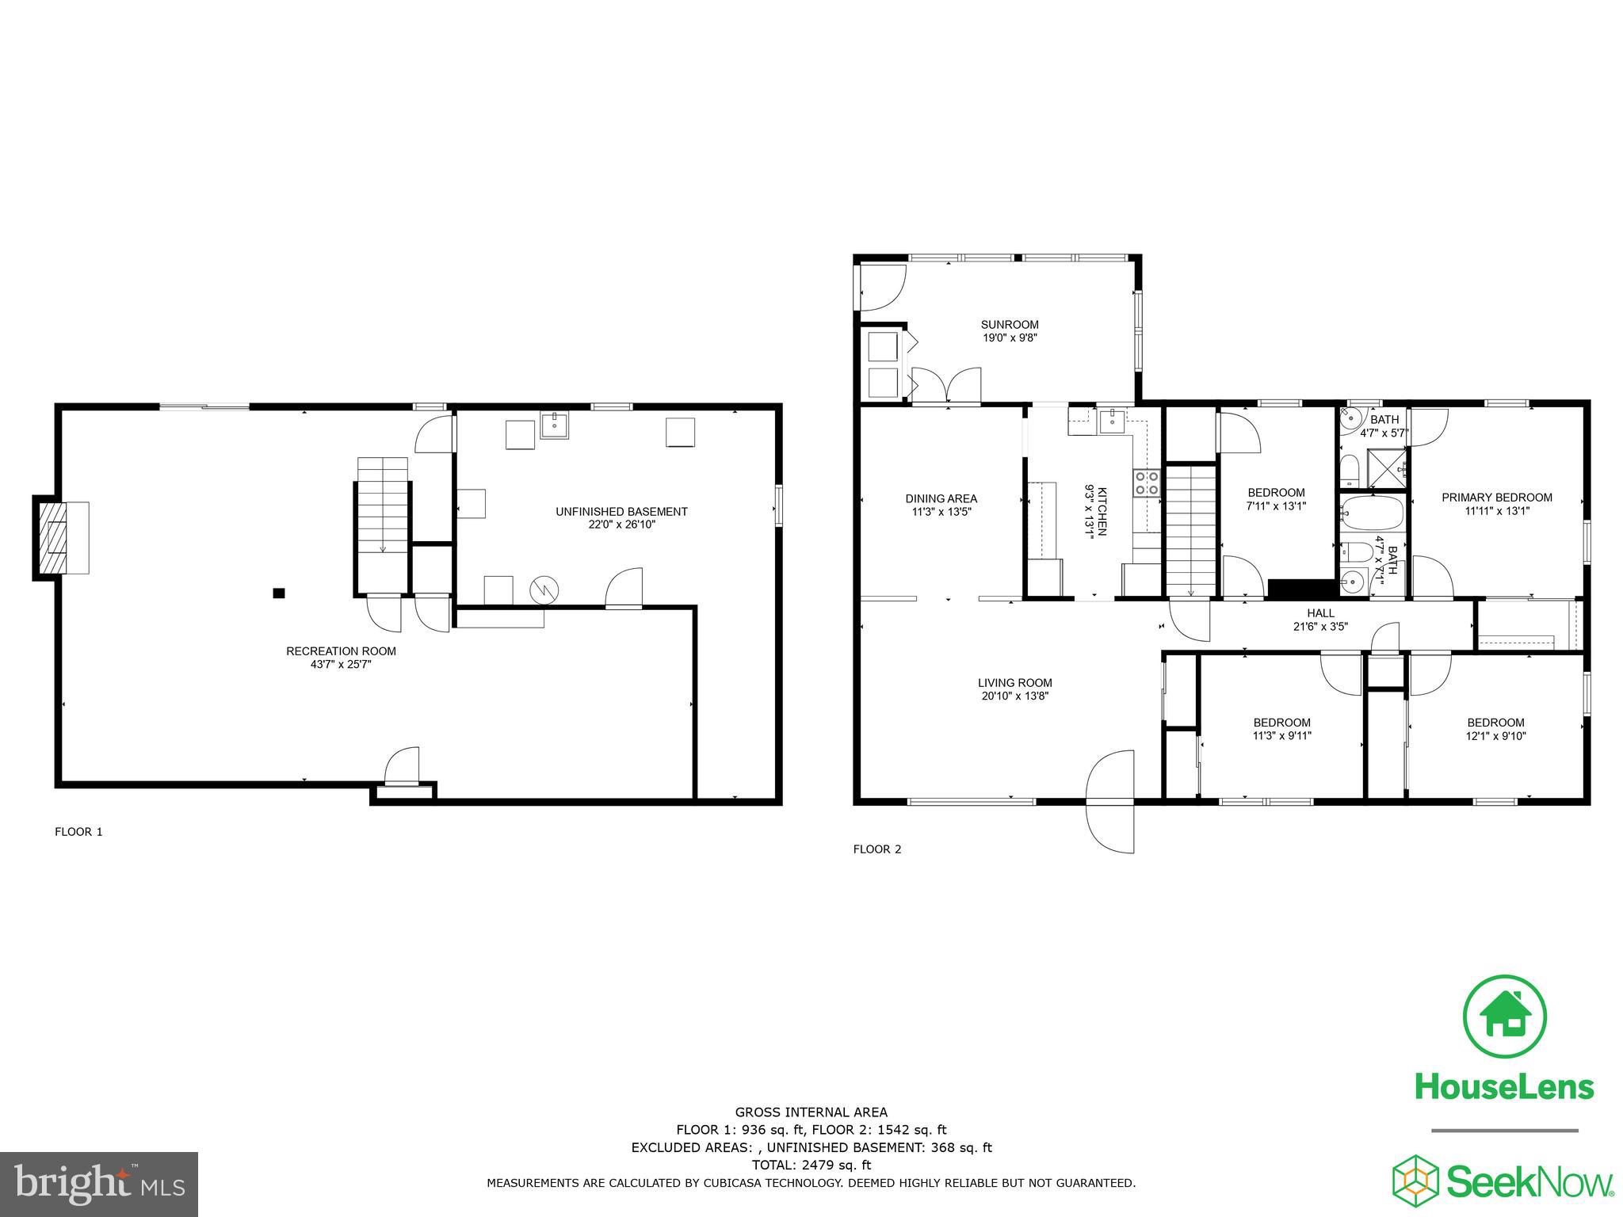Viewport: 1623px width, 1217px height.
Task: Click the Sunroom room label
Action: [x=1009, y=325]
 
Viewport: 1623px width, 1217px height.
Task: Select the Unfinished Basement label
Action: [x=621, y=512]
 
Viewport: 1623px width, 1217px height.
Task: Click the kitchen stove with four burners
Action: [x=1146, y=483]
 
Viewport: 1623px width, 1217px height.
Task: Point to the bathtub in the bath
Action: [x=1373, y=513]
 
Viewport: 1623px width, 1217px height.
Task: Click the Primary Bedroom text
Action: [x=1496, y=498]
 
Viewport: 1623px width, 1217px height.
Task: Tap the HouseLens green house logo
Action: [x=1504, y=1017]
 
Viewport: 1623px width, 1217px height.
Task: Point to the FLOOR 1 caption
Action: [x=78, y=832]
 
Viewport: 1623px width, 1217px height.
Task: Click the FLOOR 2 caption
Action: [x=877, y=849]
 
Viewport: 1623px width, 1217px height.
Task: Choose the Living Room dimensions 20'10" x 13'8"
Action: [x=1014, y=696]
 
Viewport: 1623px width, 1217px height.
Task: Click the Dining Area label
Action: [x=941, y=498]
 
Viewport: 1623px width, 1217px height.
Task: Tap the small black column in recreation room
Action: [x=278, y=593]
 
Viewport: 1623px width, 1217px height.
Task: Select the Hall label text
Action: [x=1320, y=612]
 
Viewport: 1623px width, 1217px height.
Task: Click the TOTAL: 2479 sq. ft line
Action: [x=811, y=1165]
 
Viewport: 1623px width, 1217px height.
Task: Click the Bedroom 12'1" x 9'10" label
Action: [x=1495, y=723]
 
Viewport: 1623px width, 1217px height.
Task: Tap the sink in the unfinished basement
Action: [x=555, y=425]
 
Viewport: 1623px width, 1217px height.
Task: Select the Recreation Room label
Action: [x=341, y=651]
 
